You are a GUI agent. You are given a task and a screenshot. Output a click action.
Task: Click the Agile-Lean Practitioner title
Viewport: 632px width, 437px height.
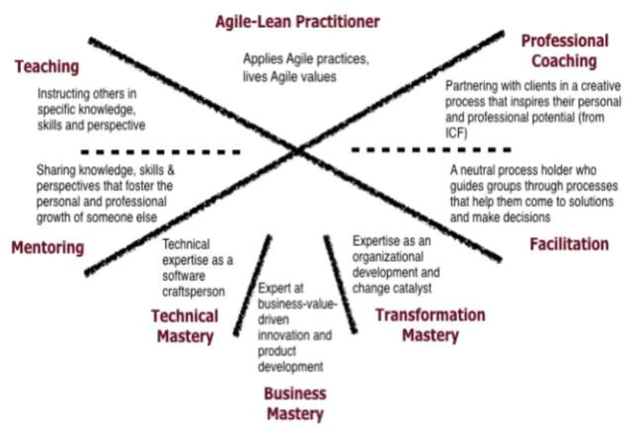click(297, 21)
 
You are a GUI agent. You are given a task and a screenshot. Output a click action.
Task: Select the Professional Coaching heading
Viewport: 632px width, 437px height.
click(564, 51)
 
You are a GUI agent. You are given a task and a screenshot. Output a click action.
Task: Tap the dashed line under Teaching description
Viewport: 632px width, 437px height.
click(162, 151)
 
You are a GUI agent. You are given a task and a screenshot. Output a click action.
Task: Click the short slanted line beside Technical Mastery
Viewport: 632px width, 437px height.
click(252, 285)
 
